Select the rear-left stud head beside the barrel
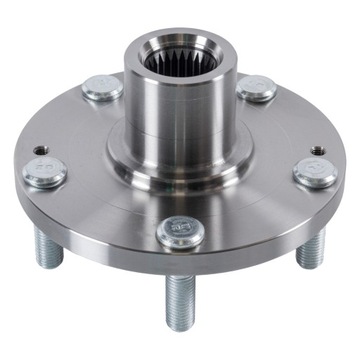click(102, 87)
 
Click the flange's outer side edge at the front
click(180, 262)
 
